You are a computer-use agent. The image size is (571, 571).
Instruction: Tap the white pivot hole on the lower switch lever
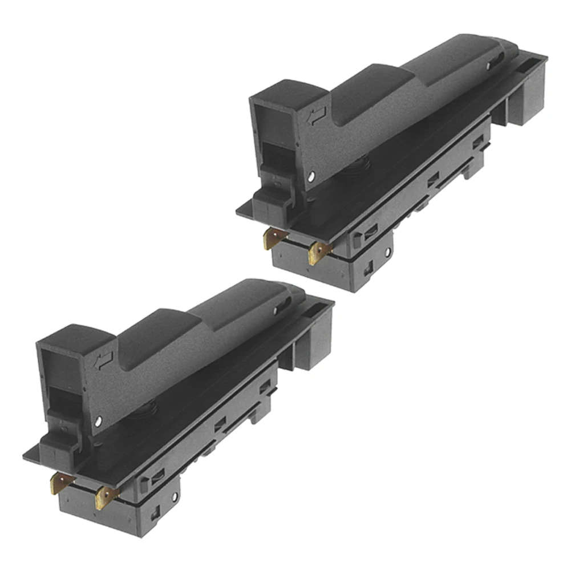pos(100,421)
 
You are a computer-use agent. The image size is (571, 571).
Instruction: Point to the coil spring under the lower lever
pos(149,408)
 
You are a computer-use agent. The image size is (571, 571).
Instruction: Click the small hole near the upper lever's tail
pos(490,67)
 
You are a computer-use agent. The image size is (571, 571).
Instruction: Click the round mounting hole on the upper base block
pos(387,251)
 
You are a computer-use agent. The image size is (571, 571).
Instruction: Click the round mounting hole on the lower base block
pos(175,494)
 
